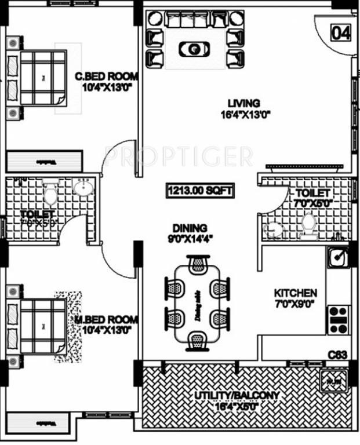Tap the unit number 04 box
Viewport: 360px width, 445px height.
(341, 33)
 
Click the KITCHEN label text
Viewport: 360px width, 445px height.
(295, 293)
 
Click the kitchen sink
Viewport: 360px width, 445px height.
(337, 254)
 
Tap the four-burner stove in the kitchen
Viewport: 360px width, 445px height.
(337, 319)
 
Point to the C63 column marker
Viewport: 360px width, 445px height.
(337, 353)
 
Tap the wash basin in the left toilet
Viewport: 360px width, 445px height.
(82, 188)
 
